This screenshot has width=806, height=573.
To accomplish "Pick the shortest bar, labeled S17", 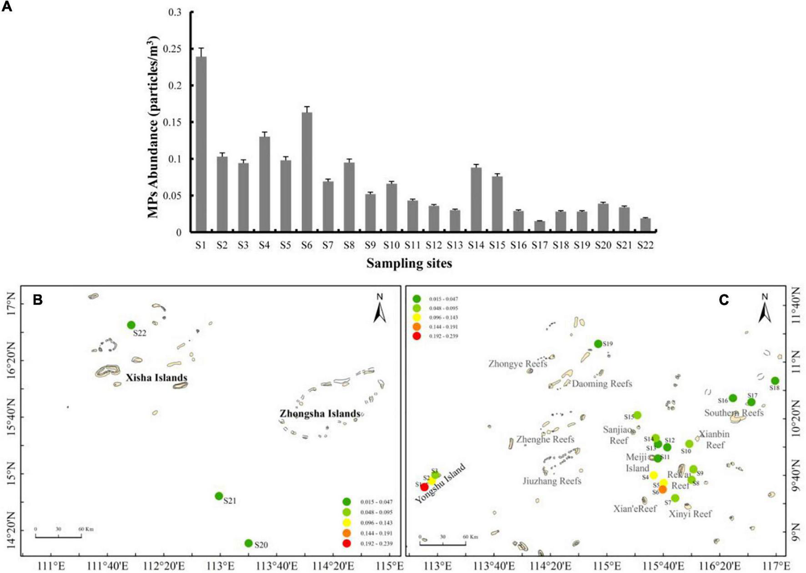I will pos(539,226).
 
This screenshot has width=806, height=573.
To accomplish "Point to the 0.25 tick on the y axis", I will pos(175,49).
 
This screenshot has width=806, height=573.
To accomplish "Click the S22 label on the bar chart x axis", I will pos(645,245).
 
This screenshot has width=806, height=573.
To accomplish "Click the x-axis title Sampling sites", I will pos(409,263).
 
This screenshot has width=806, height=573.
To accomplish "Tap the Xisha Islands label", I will pos(156,378).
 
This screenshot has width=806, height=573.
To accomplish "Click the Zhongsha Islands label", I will pos(320,414).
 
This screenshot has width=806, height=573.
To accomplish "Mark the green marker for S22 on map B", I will pos(131,325).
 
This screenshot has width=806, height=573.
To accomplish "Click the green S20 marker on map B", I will pos(248,543).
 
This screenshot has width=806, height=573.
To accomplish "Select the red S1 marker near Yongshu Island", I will pos(424,487).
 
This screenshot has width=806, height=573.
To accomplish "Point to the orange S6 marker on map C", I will pos(663,489).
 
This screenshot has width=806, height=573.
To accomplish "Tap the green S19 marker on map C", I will pos(598,344).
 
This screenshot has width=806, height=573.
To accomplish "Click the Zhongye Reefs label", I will pos(518,364).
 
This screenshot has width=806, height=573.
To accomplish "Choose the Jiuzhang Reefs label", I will pos(552,481).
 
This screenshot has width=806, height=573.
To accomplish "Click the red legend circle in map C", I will pos(417,336).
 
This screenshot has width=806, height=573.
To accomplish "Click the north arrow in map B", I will pos(380,309).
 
